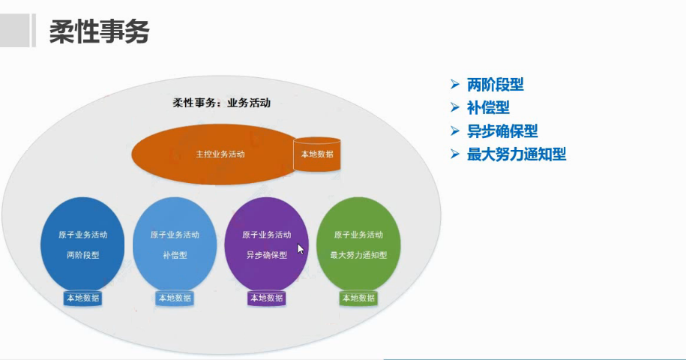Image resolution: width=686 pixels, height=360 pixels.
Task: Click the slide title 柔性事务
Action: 100,31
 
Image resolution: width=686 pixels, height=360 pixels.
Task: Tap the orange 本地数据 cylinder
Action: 317,154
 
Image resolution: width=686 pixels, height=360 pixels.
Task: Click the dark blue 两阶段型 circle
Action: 82,244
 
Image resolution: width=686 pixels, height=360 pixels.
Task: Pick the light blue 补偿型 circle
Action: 175,244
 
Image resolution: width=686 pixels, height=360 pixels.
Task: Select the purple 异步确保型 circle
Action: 266,244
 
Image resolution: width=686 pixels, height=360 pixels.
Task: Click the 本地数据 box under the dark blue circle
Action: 82,298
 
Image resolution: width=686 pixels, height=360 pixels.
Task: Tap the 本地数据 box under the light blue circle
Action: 175,298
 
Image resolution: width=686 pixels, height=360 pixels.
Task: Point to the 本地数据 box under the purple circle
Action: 267,298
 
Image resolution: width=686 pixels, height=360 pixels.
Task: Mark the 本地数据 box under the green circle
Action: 358,298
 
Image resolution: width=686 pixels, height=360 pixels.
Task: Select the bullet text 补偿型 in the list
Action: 488,108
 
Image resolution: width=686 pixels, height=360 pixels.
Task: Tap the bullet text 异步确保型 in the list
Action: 502,131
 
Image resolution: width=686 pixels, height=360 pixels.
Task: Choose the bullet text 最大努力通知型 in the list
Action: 516,154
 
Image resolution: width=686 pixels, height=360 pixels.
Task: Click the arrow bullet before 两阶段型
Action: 454,85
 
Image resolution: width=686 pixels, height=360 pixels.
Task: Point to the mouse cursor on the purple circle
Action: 300,249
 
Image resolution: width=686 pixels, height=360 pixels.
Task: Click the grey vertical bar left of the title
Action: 33,32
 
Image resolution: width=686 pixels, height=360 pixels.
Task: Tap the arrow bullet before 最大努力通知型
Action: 454,154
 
